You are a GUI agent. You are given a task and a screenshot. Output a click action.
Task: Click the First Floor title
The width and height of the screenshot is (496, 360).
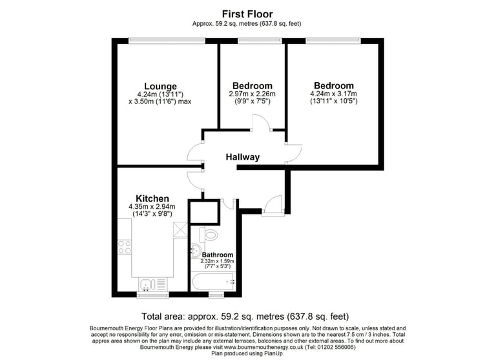247,14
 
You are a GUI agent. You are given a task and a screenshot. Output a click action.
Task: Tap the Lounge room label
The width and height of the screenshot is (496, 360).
160,86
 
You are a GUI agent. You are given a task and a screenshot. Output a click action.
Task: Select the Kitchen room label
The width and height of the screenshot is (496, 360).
152,198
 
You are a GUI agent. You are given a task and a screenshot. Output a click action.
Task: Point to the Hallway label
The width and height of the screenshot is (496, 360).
243,157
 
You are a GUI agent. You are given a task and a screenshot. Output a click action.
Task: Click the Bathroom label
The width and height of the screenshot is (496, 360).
217,255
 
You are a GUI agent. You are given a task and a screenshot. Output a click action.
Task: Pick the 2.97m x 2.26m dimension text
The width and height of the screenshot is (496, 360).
252,94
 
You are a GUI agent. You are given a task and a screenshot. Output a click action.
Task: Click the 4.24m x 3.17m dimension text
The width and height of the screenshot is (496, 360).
333,94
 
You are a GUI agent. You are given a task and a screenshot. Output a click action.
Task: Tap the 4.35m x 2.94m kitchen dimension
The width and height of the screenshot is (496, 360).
152,207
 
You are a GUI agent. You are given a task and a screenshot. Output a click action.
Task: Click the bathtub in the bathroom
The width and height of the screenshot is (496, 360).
213,282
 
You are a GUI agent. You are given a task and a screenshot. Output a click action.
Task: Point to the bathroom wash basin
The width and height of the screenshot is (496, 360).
196,251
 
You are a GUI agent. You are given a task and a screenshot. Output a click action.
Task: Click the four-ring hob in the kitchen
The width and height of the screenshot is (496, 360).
124,247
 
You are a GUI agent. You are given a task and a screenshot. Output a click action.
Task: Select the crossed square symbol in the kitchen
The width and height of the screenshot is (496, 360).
180,229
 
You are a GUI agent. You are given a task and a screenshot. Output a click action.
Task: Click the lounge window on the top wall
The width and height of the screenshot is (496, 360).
167,41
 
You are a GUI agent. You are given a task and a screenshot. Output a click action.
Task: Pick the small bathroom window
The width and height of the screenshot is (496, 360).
216,295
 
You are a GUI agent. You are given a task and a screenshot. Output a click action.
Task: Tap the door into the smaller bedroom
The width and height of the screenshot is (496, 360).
262,122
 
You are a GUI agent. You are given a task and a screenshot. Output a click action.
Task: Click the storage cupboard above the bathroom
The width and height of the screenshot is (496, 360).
203,212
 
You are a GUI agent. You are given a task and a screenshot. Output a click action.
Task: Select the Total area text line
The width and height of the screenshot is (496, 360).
245,316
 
